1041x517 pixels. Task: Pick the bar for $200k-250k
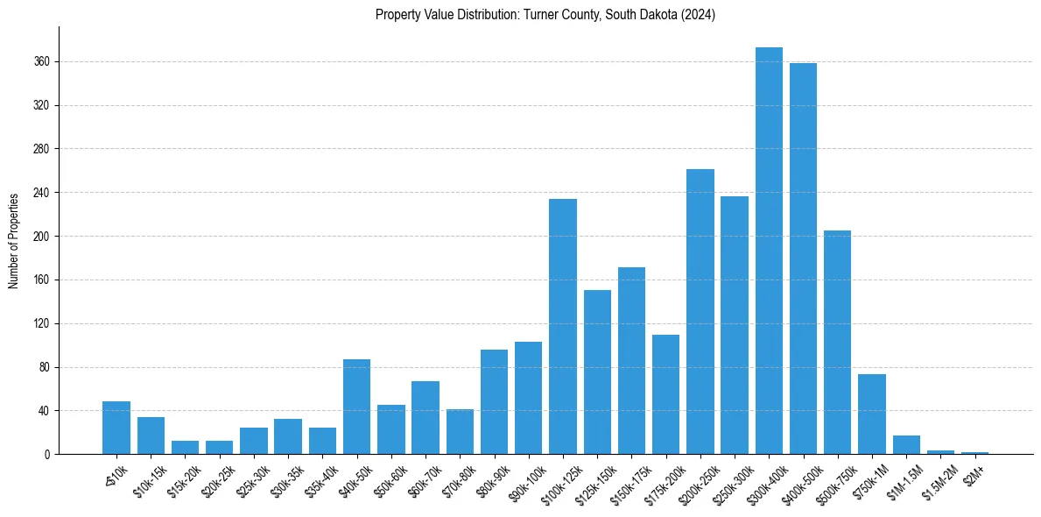(700, 311)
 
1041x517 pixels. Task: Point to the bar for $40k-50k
(356, 407)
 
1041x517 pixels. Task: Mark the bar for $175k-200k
(665, 394)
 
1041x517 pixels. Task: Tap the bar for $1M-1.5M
(906, 445)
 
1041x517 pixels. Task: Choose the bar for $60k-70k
(426, 417)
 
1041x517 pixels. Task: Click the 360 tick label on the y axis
(42, 62)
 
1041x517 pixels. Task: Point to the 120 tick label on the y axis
(42, 324)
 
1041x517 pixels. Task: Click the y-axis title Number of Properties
(13, 240)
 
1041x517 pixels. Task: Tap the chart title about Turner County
(545, 15)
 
